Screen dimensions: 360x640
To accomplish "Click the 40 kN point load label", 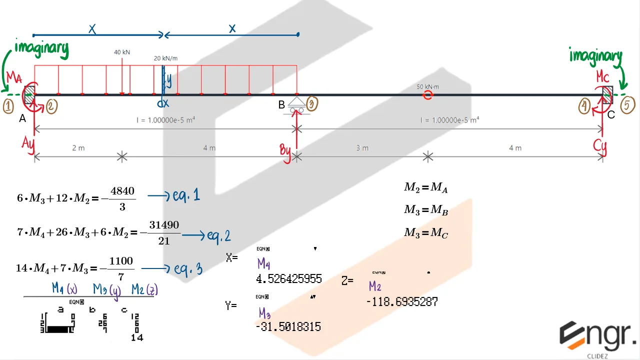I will coord(122,52).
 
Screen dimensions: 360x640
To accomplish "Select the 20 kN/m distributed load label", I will coord(165,58).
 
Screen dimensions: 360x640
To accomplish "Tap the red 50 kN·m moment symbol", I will coord(427,94).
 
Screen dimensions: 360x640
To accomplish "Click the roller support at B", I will coord(297,105).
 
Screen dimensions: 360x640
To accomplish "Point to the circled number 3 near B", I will coord(312,103).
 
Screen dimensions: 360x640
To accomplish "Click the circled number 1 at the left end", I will coord(8,105).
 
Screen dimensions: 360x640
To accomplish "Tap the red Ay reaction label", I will coord(28,142).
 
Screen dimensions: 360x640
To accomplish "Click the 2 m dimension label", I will coord(78,148).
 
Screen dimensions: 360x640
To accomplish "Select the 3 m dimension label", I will coord(362,148).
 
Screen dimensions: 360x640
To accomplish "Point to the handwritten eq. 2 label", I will coord(218,235).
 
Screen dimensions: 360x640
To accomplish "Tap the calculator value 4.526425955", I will coord(289,278).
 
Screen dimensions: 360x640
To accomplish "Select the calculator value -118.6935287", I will coord(402,301).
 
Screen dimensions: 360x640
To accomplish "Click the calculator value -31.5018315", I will coord(288,326).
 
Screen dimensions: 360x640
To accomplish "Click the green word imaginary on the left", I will coord(41,48).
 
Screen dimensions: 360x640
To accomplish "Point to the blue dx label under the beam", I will coord(163,103).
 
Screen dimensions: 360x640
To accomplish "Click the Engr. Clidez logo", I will coord(597,337).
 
